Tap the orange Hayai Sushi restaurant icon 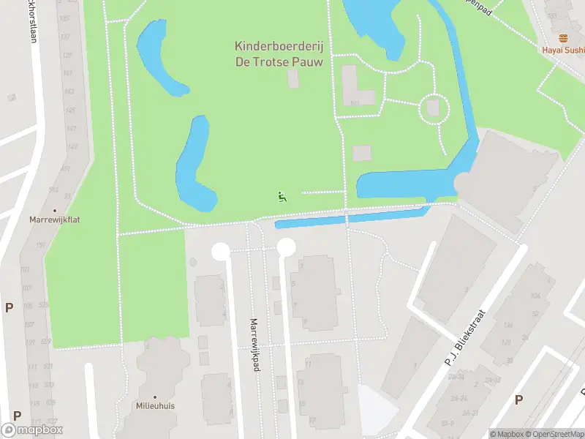pos(562,38)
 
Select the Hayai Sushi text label pos(563,50)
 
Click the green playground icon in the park pos(282,196)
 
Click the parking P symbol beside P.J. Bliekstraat pos(518,399)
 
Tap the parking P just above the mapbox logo pos(16,415)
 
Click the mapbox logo pos(32,430)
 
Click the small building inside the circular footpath pos(433,108)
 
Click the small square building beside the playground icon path pos(362,153)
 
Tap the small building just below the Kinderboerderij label pos(293,80)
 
